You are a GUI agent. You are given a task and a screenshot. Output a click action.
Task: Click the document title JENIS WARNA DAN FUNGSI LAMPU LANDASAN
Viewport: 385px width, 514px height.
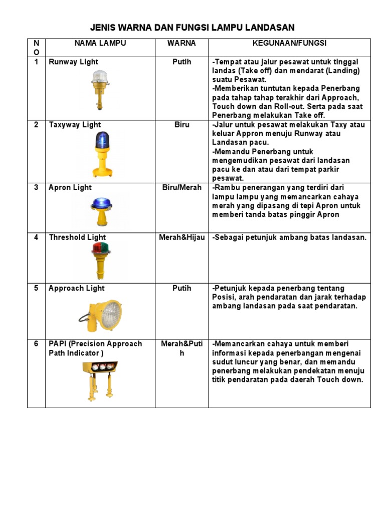[x=192, y=27]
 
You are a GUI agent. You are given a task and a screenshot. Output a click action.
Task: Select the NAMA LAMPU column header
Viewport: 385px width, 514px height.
[x=100, y=43]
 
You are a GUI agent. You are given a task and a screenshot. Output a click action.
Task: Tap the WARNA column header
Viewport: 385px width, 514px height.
[x=181, y=43]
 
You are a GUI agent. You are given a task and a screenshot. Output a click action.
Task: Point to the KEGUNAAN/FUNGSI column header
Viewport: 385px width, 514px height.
[x=289, y=43]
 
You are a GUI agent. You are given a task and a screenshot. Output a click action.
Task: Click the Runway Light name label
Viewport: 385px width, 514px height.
[x=73, y=62]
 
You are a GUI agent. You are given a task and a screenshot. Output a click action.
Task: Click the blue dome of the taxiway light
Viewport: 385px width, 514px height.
[x=102, y=139]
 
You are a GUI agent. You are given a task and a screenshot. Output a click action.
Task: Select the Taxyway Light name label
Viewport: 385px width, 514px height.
[x=75, y=124]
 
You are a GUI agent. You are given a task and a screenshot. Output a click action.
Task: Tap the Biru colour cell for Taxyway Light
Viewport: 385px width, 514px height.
[x=181, y=124]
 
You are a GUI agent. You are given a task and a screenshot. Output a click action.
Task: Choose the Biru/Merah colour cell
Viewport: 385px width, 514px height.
[x=181, y=187]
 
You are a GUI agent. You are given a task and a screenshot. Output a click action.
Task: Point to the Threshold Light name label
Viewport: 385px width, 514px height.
[x=77, y=237]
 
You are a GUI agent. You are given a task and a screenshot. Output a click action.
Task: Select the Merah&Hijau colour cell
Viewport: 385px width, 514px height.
[x=181, y=237]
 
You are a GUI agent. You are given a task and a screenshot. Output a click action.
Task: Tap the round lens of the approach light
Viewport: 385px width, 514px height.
[x=111, y=314]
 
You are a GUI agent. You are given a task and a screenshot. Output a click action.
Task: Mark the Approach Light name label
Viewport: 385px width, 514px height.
[x=76, y=288]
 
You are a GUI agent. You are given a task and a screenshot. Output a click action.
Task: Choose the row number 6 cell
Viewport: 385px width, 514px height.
[x=36, y=344]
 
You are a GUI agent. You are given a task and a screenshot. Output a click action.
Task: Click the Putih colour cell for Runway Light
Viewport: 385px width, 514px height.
[x=181, y=62]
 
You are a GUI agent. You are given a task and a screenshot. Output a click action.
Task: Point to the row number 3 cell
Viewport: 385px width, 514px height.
[x=36, y=187]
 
